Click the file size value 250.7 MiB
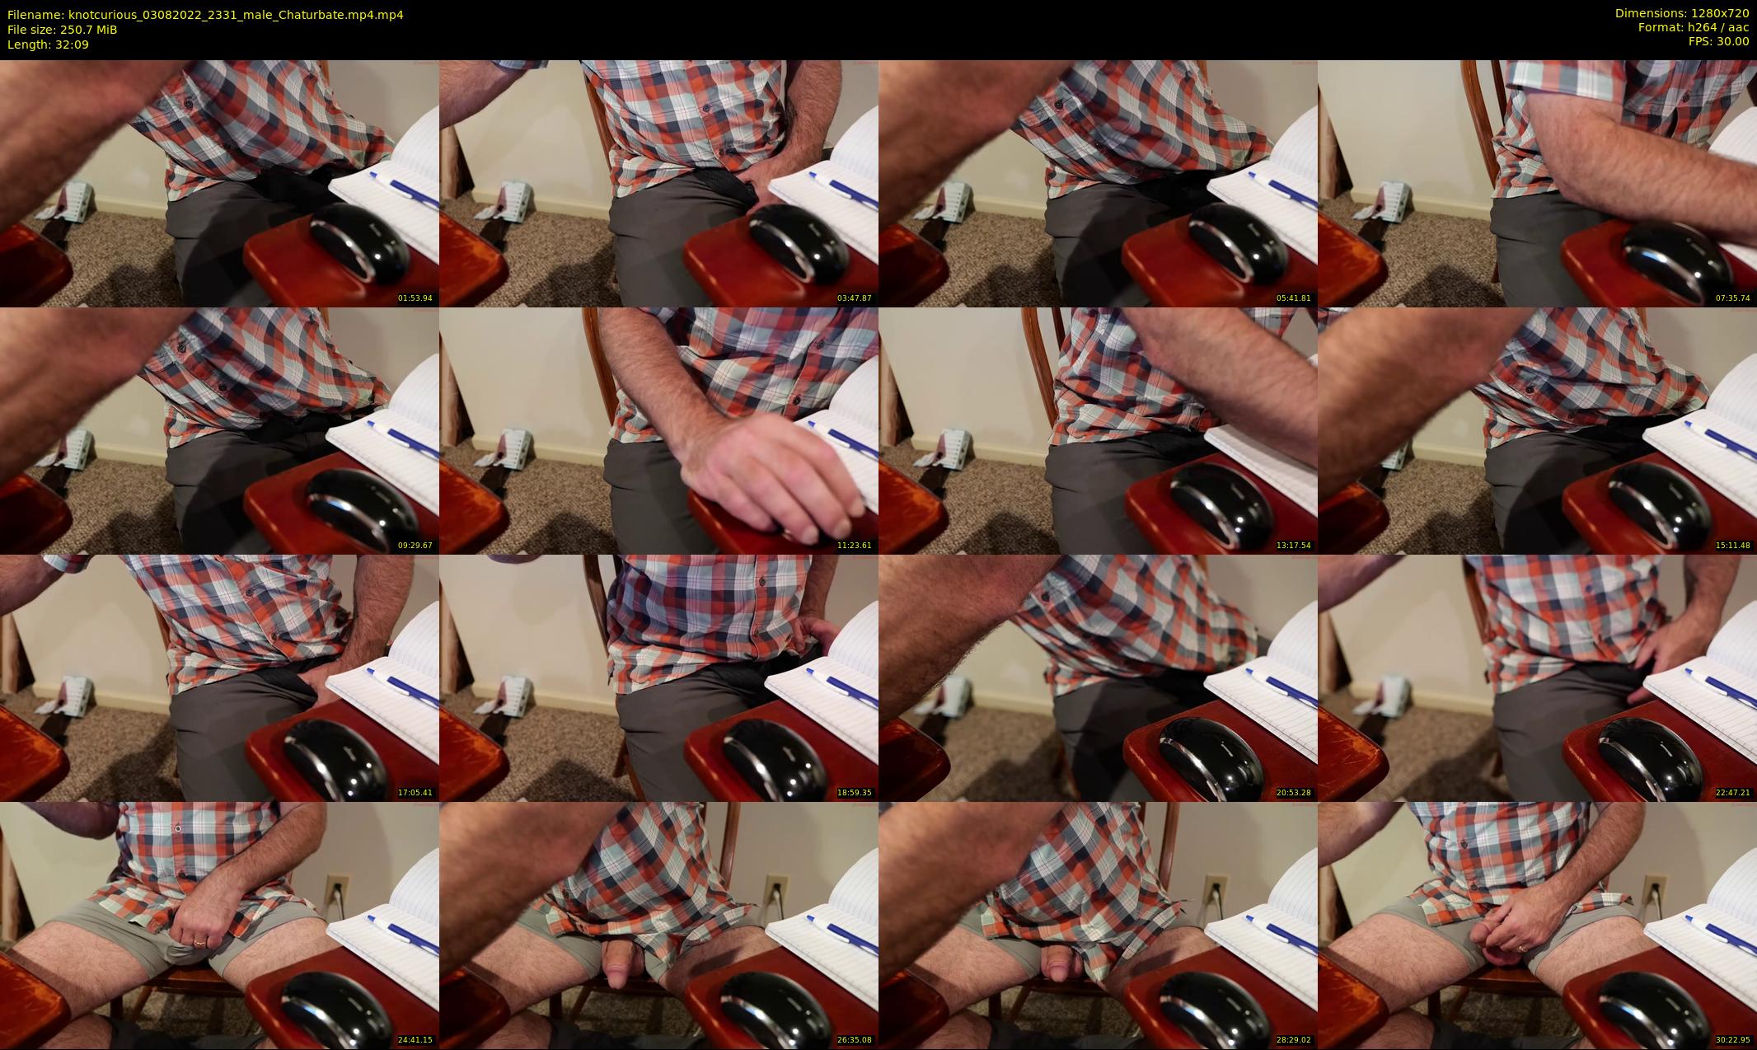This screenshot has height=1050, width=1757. click(x=90, y=30)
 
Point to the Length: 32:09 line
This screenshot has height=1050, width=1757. click(x=48, y=45)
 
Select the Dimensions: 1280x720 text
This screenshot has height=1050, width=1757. click(x=1682, y=13)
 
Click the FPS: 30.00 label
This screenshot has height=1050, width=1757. click(x=1718, y=41)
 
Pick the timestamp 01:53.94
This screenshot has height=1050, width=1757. click(x=415, y=298)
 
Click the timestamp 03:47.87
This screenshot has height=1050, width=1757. click(x=855, y=298)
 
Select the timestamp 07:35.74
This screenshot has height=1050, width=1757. click(x=1733, y=298)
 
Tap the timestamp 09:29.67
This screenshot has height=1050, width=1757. click(x=415, y=546)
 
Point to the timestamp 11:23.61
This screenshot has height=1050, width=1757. click(x=855, y=546)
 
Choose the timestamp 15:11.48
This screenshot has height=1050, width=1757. click(x=1733, y=546)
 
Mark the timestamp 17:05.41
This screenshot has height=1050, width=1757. click(x=415, y=793)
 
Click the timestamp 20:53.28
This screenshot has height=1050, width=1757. click(x=1294, y=793)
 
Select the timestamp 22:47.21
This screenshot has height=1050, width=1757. click(x=1733, y=793)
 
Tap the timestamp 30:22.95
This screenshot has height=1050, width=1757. click(x=1733, y=1040)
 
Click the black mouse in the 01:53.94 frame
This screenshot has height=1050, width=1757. click(x=359, y=243)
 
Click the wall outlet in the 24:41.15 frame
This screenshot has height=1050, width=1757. click(x=335, y=891)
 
